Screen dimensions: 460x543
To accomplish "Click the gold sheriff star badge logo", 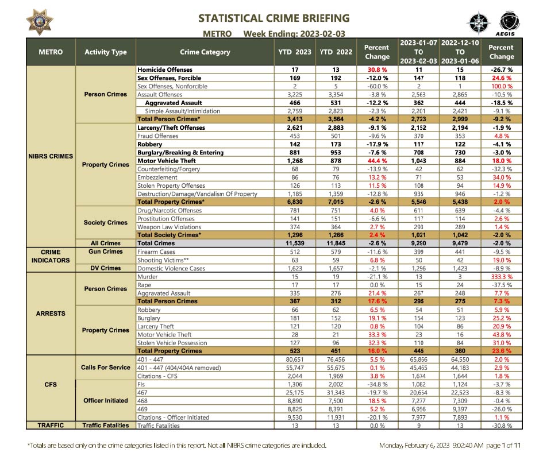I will coord(40,21).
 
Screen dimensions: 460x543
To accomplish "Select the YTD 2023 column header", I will coord(294,52).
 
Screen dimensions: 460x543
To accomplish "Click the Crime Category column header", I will coord(205,52).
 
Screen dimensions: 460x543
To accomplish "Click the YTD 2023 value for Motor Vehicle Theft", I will coord(294,161).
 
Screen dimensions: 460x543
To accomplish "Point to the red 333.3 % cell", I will coord(501,277).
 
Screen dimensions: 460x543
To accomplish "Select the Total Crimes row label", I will coord(156,243).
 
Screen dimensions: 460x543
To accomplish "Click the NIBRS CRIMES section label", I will coord(51,156).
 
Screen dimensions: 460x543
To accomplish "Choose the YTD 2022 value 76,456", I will coord(328,360).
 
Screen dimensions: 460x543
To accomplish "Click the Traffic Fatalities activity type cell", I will coord(106,426).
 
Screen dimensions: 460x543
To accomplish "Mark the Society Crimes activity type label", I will coord(106,223).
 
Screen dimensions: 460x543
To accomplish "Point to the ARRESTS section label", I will coord(51,314).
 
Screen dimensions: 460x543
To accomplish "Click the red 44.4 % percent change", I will coord(377,161).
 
